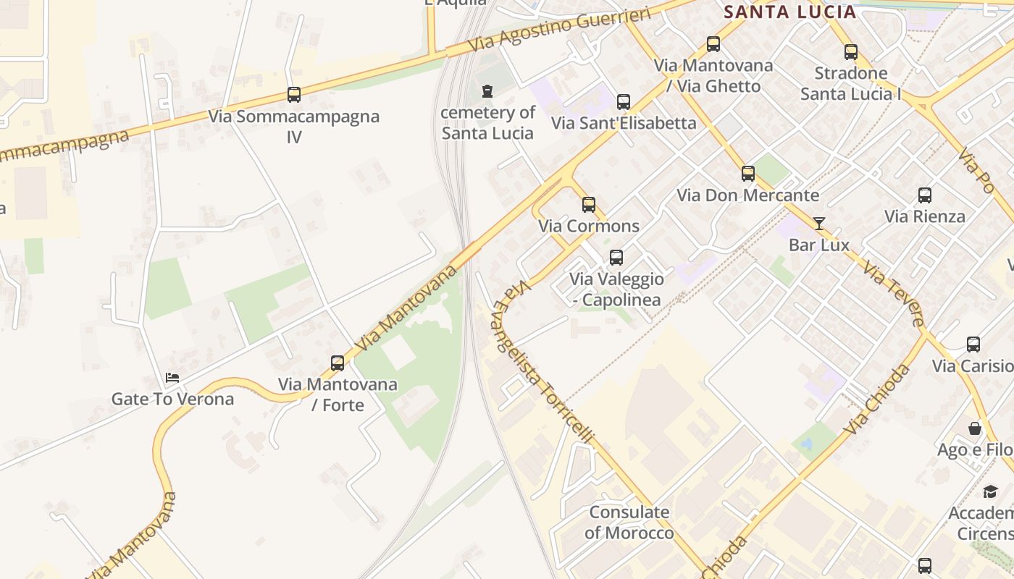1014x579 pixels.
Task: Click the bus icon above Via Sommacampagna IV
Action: point(294,94)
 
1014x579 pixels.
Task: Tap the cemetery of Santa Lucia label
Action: point(487,123)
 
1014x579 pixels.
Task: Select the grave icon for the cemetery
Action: point(487,91)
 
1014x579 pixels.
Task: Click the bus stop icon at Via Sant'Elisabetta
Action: point(624,102)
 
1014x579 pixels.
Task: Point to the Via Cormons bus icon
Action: point(589,205)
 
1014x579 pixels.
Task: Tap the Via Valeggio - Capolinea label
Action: point(616,289)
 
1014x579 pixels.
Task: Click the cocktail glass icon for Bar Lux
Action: point(819,224)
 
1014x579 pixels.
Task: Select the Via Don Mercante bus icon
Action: point(748,174)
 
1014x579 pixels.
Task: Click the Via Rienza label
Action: point(925,216)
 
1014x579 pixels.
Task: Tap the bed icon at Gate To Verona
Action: point(172,378)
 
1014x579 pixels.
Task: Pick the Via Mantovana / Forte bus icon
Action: point(338,363)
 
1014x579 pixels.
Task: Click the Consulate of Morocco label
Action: point(629,523)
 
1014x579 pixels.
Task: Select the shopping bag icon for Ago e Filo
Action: point(975,429)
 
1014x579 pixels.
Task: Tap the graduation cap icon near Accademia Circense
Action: point(990,492)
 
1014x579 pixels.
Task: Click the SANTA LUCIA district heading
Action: point(790,12)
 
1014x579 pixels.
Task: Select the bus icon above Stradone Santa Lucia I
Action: point(851,52)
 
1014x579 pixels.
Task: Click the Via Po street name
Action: point(976,171)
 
